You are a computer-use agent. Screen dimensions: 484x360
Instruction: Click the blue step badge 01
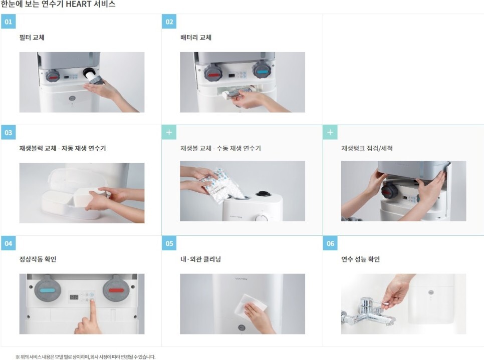(9, 22)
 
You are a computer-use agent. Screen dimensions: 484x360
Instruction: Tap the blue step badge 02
(169, 22)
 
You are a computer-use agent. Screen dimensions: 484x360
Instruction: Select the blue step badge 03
(9, 132)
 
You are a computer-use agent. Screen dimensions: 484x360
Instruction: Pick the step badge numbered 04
(9, 243)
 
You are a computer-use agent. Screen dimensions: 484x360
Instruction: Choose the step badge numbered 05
(169, 243)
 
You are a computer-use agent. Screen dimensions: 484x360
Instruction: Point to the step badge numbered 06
(330, 243)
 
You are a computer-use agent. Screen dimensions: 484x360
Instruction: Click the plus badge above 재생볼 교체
(169, 132)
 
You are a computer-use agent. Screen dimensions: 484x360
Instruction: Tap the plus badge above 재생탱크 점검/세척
(330, 132)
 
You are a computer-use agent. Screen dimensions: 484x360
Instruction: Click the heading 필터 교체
(32, 38)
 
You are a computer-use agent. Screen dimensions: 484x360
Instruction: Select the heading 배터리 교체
(196, 38)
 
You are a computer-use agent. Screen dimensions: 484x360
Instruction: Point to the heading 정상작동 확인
(38, 259)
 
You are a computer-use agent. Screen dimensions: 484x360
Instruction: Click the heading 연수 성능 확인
(360, 259)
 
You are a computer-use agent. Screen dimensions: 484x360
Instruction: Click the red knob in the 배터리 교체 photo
(213, 74)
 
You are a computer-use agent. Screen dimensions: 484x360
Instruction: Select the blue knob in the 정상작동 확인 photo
(47, 290)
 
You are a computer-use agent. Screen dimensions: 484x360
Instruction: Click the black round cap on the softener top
(263, 194)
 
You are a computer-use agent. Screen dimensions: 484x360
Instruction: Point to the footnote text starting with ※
(86, 357)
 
